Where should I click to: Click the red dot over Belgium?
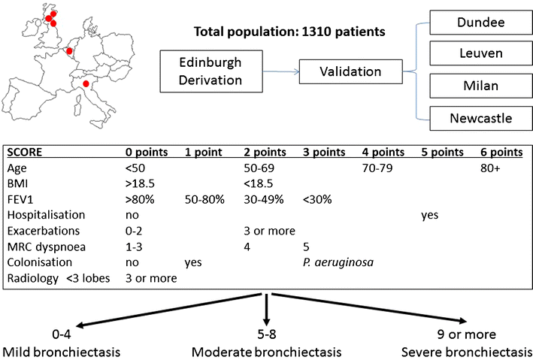(x=70, y=51)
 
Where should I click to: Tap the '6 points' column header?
(x=501, y=152)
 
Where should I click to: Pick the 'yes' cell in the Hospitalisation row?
(x=431, y=215)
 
